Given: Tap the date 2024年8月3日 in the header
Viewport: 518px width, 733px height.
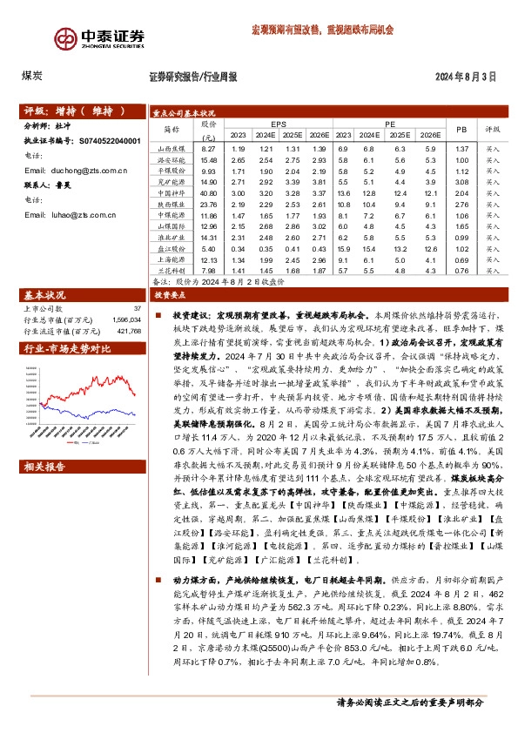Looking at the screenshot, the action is [x=465, y=76].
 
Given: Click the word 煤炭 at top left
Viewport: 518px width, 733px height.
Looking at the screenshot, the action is [x=32, y=76].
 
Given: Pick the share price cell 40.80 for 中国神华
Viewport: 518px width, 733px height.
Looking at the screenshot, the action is [x=207, y=192].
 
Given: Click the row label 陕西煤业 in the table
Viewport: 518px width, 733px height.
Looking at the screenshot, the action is [x=171, y=203].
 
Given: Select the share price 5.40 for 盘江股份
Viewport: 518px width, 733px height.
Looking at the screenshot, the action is [x=207, y=248].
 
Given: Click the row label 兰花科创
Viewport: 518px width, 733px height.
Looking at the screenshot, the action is [x=171, y=271].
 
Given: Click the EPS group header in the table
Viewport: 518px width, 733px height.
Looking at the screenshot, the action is [x=279, y=124].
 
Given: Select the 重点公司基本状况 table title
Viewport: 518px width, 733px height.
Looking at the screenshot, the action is [x=183, y=112].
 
